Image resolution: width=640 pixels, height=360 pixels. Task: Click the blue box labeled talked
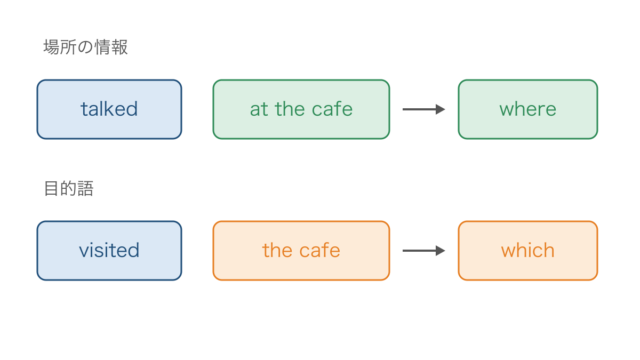(x=109, y=109)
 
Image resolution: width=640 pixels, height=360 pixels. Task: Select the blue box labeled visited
(x=109, y=251)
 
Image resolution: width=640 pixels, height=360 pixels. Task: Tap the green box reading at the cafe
(x=301, y=109)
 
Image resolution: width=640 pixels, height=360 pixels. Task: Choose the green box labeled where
(x=527, y=109)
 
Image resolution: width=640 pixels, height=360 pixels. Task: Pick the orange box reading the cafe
(x=301, y=251)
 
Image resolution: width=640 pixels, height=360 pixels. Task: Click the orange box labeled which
(x=527, y=251)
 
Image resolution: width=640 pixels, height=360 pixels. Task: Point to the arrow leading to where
(x=423, y=109)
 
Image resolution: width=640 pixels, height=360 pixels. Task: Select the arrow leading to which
(x=423, y=251)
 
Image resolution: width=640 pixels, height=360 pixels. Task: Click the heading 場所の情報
(x=85, y=47)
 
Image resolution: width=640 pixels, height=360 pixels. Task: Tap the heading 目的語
(x=69, y=189)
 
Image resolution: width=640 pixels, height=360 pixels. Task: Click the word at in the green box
(x=259, y=109)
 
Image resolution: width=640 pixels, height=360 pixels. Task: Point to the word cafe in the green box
(x=332, y=109)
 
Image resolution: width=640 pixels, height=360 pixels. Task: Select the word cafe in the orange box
(x=319, y=250)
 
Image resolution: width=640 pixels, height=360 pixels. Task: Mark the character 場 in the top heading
(x=51, y=47)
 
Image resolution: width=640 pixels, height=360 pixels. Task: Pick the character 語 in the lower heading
(x=85, y=189)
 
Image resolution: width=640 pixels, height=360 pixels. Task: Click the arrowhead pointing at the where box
(x=441, y=109)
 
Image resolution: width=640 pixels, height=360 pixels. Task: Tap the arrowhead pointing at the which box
(x=441, y=251)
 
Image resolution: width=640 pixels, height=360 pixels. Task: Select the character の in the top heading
(x=85, y=47)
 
